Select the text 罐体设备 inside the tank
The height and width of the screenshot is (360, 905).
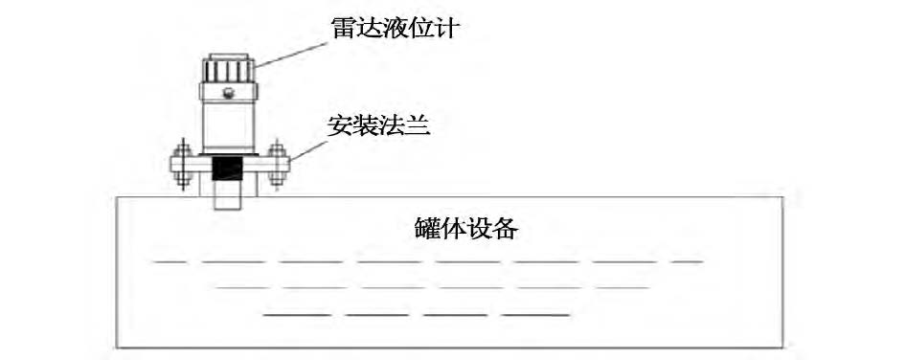tap(467, 231)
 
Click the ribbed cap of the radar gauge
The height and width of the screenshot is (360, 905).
tap(228, 70)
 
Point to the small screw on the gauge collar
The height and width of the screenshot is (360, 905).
tap(228, 93)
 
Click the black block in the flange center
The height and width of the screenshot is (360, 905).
tap(227, 171)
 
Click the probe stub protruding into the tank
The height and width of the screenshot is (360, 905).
tap(227, 198)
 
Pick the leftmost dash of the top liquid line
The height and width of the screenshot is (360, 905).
tap(170, 260)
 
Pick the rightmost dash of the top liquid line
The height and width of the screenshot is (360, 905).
tap(687, 260)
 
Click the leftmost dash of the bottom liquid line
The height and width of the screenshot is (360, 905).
tap(297, 313)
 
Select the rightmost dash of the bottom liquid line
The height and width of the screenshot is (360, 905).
tap(537, 313)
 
